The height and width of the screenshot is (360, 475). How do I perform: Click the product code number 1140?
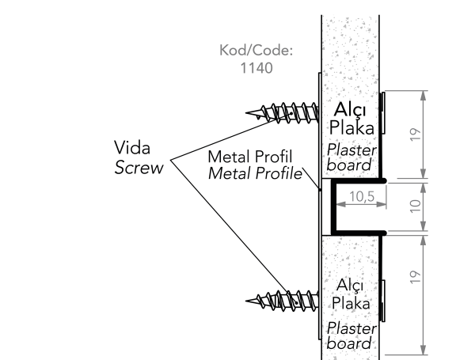pos(256,68)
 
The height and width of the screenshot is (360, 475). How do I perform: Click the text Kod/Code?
pos(256,51)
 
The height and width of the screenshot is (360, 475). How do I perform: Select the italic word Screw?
pos(138,167)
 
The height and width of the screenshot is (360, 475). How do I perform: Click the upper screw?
pos(285,112)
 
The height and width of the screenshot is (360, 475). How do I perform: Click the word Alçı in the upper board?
pos(349,108)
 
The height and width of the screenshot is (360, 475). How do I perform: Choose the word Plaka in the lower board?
pos(351,304)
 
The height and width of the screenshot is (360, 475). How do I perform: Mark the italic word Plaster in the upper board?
pos(351,150)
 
